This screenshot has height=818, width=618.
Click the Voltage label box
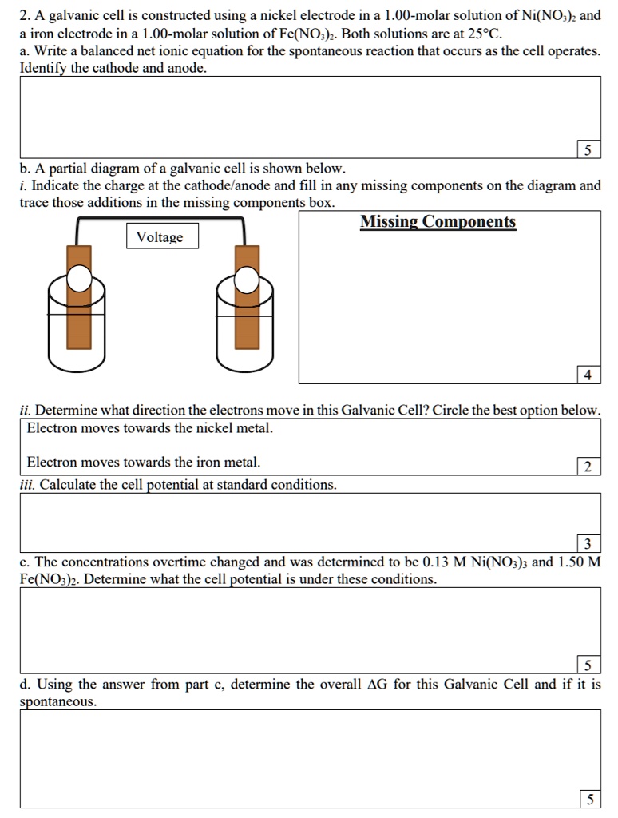click(160, 237)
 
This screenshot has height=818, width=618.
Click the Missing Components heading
click(438, 222)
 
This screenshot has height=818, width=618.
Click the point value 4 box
click(588, 374)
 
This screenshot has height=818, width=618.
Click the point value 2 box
click(588, 467)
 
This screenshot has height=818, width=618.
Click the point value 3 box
click(588, 545)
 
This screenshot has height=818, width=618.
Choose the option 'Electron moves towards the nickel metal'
click(149, 428)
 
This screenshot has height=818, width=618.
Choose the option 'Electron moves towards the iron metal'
click(143, 462)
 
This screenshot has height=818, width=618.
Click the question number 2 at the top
click(24, 17)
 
